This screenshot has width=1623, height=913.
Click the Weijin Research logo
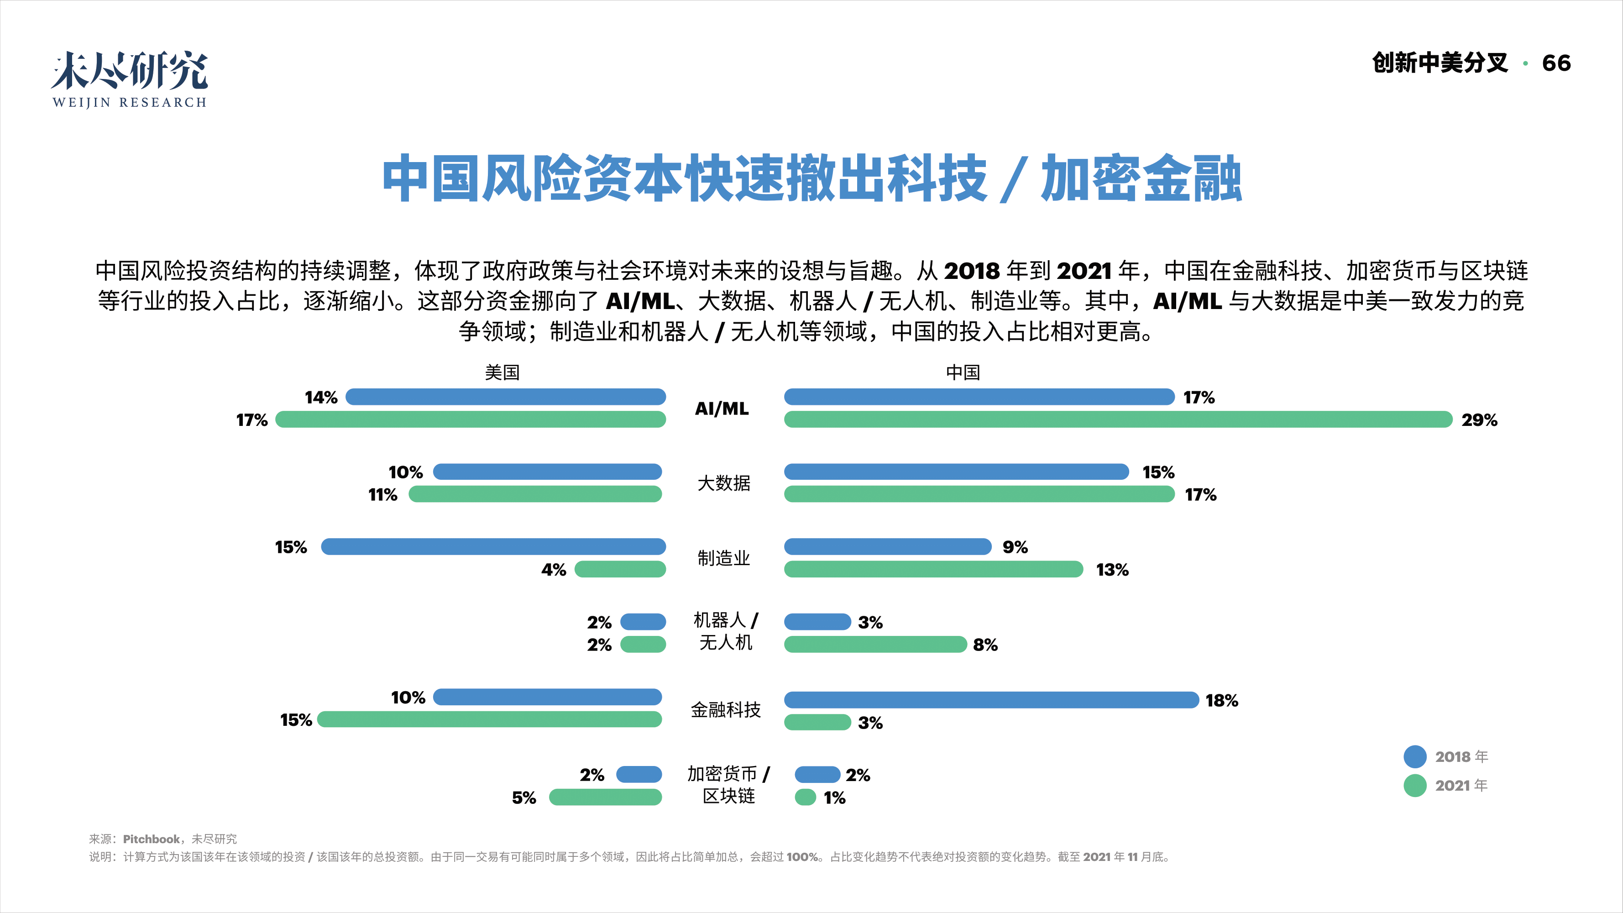(x=129, y=79)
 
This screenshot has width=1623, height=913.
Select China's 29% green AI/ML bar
(x=1118, y=420)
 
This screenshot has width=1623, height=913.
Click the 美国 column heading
(x=502, y=373)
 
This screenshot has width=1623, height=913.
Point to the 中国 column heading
(x=963, y=373)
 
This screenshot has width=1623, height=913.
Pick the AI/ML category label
(x=722, y=409)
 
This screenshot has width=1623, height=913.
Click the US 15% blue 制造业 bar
(x=493, y=546)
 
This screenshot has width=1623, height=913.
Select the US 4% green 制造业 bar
(x=620, y=570)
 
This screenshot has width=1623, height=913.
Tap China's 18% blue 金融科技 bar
(x=991, y=700)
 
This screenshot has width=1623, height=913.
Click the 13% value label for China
(x=1112, y=570)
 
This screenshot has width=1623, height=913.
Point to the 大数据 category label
(x=724, y=483)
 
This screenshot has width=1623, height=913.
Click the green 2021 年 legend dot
(x=1415, y=785)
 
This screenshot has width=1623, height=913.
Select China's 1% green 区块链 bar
(x=805, y=798)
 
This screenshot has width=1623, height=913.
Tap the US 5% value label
(x=524, y=798)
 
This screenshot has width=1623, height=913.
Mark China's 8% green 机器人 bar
(x=875, y=645)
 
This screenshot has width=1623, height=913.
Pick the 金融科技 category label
(x=726, y=710)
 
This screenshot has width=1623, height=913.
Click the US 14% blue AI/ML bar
(x=505, y=397)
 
